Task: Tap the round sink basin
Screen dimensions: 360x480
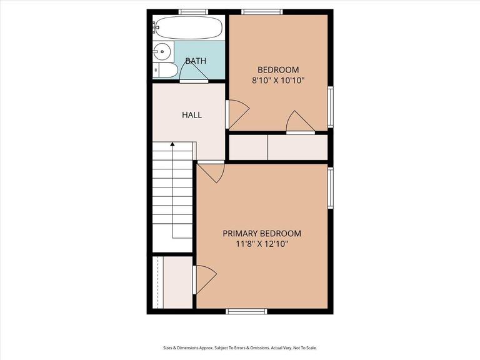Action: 162,52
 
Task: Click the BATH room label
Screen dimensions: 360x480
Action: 196,61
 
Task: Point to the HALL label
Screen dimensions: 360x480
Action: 192,115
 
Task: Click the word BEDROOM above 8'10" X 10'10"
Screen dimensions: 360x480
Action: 278,69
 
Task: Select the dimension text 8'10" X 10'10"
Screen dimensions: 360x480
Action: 278,80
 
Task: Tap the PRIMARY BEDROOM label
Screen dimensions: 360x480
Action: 262,233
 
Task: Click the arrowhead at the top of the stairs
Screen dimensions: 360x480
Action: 172,145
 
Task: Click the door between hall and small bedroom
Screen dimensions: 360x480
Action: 237,114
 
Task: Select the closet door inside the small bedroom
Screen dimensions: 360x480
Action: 298,122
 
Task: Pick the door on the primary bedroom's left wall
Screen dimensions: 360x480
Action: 205,279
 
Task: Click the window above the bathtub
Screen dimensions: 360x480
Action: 192,12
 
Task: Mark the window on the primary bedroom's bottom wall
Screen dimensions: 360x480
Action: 246,311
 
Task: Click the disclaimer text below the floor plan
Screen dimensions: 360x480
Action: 240,348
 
